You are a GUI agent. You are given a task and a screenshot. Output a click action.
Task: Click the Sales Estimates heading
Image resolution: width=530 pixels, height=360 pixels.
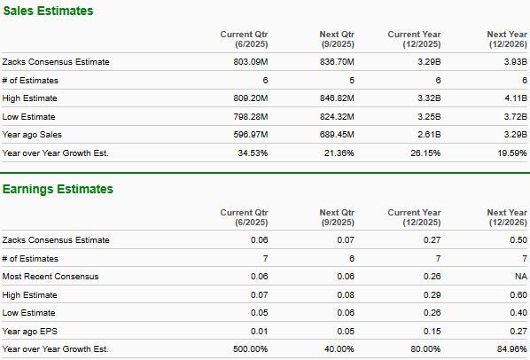point(48,11)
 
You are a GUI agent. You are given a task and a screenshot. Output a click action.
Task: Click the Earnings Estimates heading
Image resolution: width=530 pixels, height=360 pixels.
point(58,189)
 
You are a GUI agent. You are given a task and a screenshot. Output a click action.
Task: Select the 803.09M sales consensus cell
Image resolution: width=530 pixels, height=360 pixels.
point(251,62)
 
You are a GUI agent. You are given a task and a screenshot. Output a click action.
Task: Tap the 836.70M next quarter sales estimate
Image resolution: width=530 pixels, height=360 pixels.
point(337,62)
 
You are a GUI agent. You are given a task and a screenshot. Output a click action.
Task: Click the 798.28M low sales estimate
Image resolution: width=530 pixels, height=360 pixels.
point(251,117)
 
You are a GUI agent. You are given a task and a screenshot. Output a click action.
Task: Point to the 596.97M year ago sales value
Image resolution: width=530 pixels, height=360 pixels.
point(251,135)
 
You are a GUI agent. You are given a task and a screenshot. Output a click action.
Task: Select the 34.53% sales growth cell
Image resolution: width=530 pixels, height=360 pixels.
point(253,153)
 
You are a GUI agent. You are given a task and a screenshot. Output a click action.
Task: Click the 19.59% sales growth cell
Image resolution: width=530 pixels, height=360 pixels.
point(512,153)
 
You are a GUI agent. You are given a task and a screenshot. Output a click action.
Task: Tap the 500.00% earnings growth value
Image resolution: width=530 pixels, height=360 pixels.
point(250,349)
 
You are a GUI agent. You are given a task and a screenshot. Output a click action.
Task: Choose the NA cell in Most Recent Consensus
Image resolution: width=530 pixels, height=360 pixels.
point(521,277)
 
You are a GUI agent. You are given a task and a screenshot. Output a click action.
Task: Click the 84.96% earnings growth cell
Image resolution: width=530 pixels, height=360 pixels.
point(512,349)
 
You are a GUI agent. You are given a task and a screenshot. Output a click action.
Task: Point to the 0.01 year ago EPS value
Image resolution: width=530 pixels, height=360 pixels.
point(260,332)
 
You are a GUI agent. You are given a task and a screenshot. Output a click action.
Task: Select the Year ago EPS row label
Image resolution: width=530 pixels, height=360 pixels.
point(30,332)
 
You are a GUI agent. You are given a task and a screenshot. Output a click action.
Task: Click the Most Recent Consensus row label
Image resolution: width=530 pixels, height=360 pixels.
point(51,277)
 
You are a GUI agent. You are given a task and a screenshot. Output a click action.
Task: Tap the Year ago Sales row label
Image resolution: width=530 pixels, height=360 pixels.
point(32,135)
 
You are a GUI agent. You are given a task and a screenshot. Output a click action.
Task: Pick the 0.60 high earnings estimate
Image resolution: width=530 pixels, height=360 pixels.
point(518,295)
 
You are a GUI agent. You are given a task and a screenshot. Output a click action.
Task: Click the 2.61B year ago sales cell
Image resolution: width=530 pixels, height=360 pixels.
point(429,135)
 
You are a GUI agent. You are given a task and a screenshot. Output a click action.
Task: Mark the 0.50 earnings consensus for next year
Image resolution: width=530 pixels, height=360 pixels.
point(518,240)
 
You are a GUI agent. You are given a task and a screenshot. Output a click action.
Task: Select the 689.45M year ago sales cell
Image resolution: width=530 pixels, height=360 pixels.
point(337,135)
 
